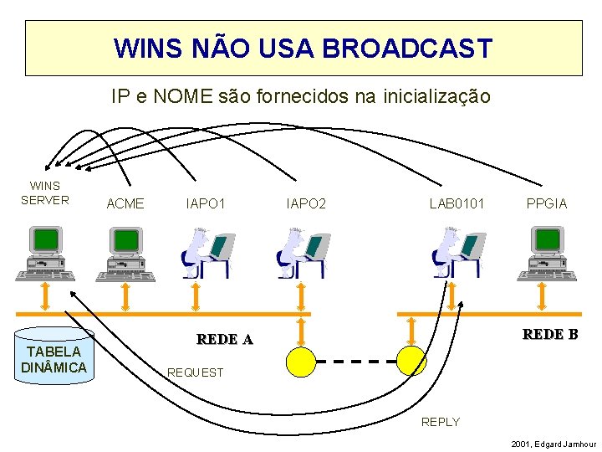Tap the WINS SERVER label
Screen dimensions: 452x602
45,193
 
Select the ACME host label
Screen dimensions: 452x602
125,203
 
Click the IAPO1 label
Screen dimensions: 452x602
206,203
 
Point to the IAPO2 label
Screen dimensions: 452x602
306,203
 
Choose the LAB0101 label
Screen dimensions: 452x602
457,203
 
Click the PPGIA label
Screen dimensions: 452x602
547,203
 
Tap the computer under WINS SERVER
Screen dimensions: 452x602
43,253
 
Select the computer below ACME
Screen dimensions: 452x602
125,253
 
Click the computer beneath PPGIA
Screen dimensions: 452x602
546,253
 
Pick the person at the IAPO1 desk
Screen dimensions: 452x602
203,253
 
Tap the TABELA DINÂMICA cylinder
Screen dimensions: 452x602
54,357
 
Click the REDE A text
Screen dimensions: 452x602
224,339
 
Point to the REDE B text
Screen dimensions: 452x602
550,335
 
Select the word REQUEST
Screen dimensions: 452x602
196,372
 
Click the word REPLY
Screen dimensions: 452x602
441,422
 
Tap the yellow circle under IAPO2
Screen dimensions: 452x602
301,360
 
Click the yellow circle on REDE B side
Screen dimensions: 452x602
411,360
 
